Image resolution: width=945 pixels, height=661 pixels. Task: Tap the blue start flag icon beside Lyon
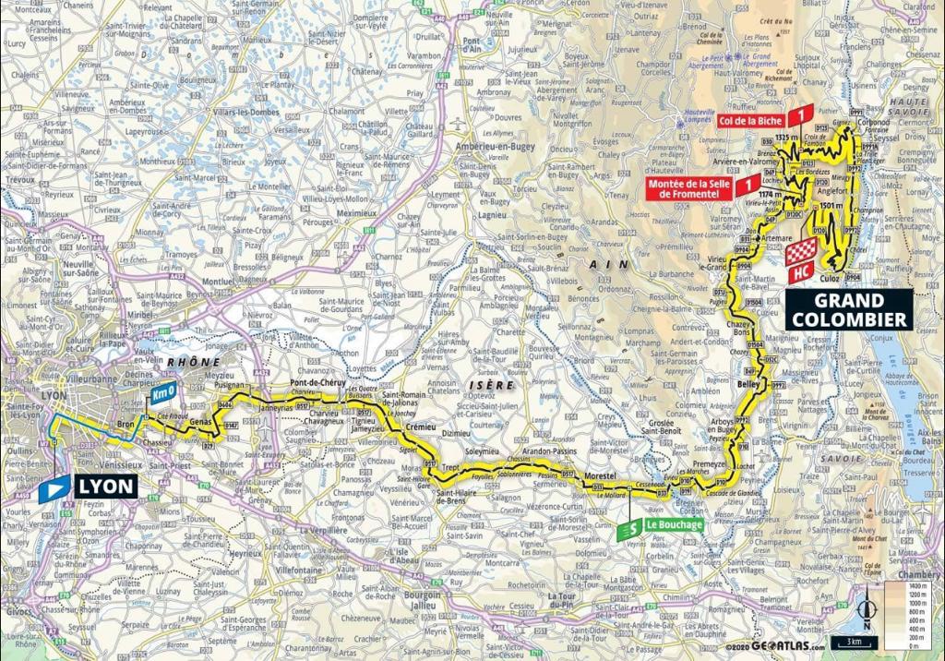(54, 488)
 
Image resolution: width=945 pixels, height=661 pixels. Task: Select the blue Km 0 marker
(162, 393)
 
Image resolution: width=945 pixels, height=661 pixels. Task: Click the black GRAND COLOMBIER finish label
(849, 309)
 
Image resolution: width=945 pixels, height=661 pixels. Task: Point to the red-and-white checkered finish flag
(804, 250)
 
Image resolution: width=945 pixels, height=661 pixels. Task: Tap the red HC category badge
(802, 272)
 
